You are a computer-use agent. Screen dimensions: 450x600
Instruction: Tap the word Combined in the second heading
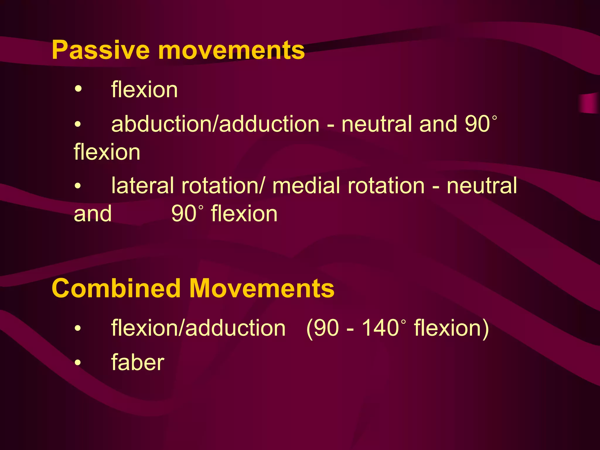point(116,289)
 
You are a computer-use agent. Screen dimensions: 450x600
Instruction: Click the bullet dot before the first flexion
point(78,88)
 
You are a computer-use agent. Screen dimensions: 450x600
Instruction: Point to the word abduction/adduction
point(215,124)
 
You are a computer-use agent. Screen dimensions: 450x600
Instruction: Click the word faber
point(138,363)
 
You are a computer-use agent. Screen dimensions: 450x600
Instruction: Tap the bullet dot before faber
point(78,363)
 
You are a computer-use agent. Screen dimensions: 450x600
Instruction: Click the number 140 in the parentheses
point(380,328)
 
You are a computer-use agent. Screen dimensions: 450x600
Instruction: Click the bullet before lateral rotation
point(78,186)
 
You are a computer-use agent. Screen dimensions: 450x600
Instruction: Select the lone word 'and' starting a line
point(93,214)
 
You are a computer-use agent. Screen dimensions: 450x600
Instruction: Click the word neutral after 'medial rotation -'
point(482,186)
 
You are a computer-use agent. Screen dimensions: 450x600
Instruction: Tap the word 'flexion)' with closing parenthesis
point(451,328)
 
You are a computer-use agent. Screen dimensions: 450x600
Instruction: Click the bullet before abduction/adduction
point(78,124)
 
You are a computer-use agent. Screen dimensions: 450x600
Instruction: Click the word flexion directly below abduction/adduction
point(107,152)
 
